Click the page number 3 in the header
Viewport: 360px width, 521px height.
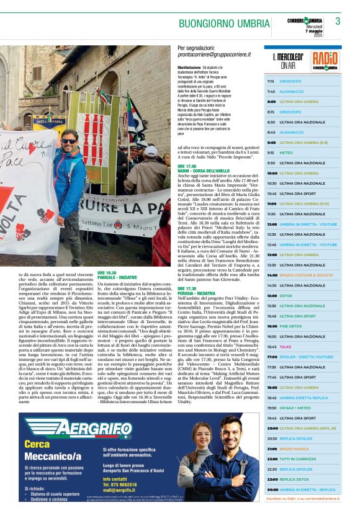coord(338,21)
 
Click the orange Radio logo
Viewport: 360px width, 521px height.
coord(325,60)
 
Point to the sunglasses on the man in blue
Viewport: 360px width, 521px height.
coord(68,141)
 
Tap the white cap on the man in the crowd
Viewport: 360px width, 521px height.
coord(150,151)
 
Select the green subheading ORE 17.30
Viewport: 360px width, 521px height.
coord(187,288)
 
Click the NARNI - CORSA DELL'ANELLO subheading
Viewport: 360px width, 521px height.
coord(205,171)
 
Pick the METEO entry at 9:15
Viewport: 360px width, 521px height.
coord(286,153)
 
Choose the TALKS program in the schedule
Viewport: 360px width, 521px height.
coord(285,347)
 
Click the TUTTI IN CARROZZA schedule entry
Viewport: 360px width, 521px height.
coord(297,458)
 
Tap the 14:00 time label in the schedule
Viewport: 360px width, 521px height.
coord(271,275)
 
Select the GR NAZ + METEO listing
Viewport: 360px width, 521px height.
coord(295,407)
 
